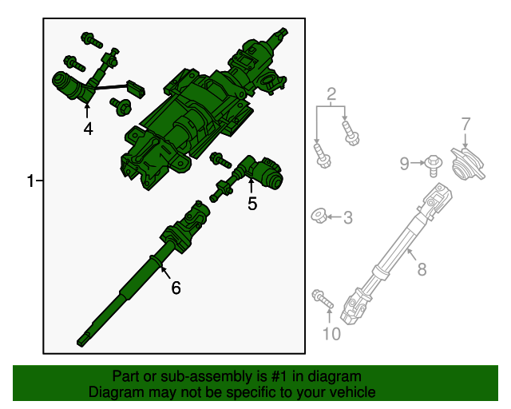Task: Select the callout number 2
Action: (x=331, y=94)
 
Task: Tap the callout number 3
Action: (x=347, y=216)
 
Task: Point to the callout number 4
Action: (x=88, y=129)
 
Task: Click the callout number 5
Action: (x=252, y=204)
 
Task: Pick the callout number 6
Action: (x=176, y=288)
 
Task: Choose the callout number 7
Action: (x=466, y=124)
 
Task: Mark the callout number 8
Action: (x=421, y=269)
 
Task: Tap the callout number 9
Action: (x=405, y=164)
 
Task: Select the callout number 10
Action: (x=331, y=333)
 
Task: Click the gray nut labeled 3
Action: (x=318, y=215)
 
